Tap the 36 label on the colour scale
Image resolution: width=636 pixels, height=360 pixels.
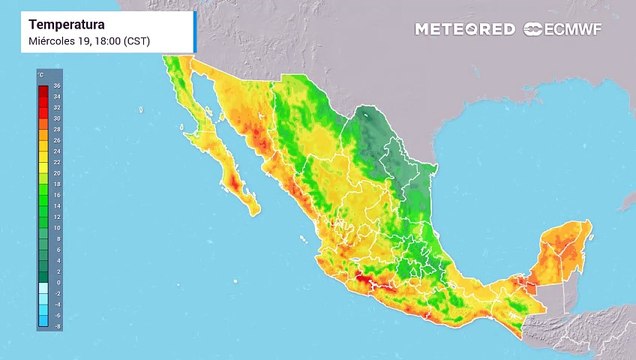pos(57,87)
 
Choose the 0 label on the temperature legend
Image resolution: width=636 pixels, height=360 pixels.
pos(57,283)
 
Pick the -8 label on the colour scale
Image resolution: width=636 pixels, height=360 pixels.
pos(57,326)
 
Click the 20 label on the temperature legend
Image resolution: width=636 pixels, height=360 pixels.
pos(57,174)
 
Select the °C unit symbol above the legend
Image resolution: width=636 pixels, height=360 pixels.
pos(41,76)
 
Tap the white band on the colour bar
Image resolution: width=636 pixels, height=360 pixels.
pos(43,291)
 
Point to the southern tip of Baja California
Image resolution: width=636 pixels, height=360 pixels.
pos(251,211)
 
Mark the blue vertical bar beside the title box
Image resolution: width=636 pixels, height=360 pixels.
pos(195,31)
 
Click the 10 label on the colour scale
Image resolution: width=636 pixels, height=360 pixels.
pos(57,228)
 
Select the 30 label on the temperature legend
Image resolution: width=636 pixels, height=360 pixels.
pos(57,119)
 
